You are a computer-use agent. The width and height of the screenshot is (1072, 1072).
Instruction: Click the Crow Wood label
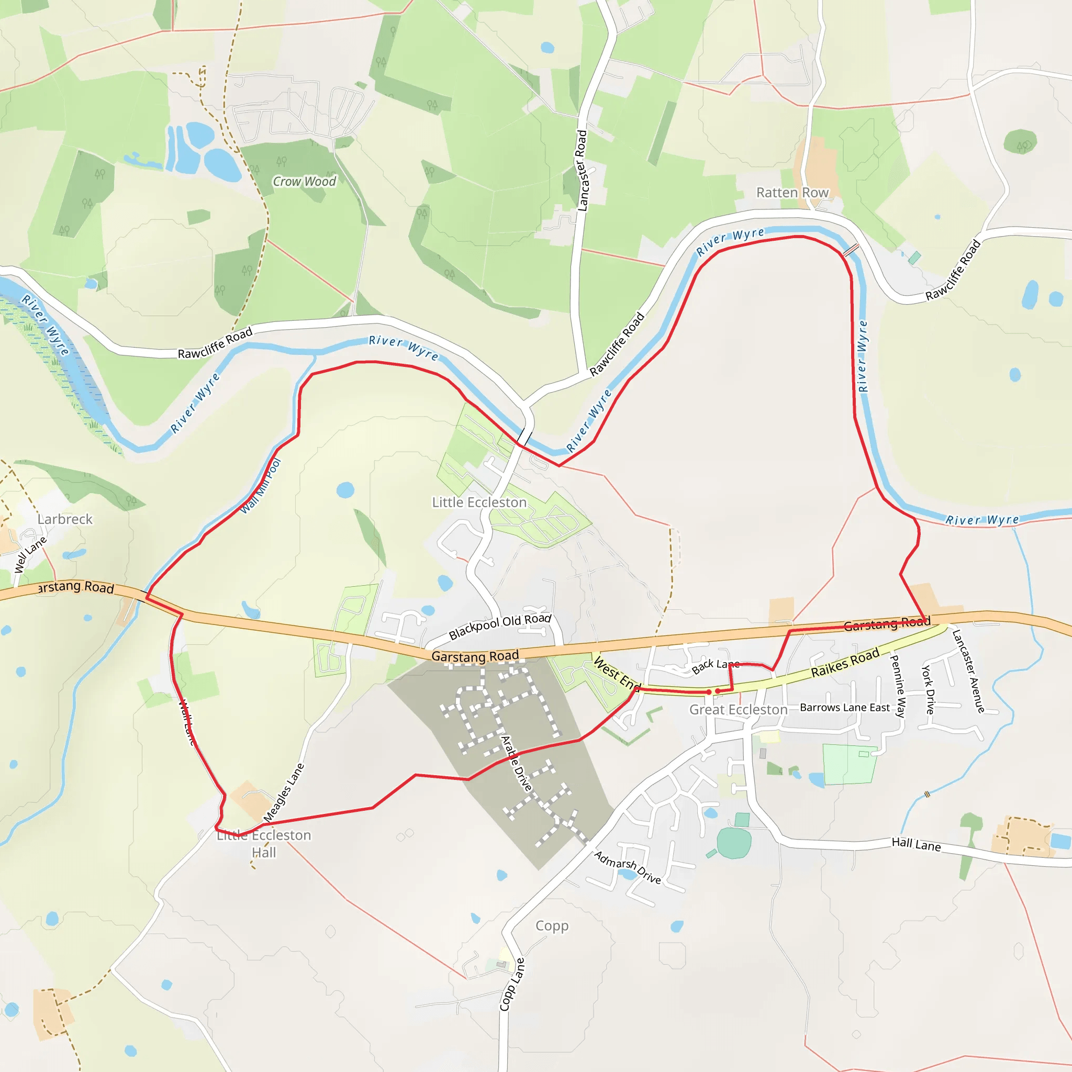304,182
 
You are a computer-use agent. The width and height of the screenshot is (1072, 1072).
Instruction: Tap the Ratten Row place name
792,193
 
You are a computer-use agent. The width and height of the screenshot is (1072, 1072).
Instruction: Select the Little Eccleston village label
479,502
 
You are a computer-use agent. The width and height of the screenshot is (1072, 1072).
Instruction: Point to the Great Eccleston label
739,710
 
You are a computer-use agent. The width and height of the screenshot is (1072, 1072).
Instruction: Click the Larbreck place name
65,519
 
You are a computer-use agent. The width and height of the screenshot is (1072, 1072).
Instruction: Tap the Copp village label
552,925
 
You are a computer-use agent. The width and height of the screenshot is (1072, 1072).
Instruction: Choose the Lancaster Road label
582,170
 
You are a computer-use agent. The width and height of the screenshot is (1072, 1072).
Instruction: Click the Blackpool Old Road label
500,626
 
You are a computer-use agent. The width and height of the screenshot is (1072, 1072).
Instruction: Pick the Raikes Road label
845,663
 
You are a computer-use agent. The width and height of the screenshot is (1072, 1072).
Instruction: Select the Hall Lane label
916,844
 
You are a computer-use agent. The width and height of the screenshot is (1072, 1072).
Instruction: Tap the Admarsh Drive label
628,867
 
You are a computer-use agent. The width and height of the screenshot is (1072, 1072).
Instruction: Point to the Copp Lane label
511,985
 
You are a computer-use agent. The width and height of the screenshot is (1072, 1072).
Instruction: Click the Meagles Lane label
284,792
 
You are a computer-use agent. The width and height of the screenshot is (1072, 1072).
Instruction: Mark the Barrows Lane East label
844,708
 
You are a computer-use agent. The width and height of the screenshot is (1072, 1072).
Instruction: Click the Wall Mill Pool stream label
261,487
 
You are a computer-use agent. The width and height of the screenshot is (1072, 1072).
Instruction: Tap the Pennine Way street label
897,686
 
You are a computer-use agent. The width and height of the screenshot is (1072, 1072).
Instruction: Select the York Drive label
928,689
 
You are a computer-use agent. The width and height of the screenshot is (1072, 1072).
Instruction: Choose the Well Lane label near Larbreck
30,554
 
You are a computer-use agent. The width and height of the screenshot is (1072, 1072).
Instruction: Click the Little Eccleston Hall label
264,843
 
